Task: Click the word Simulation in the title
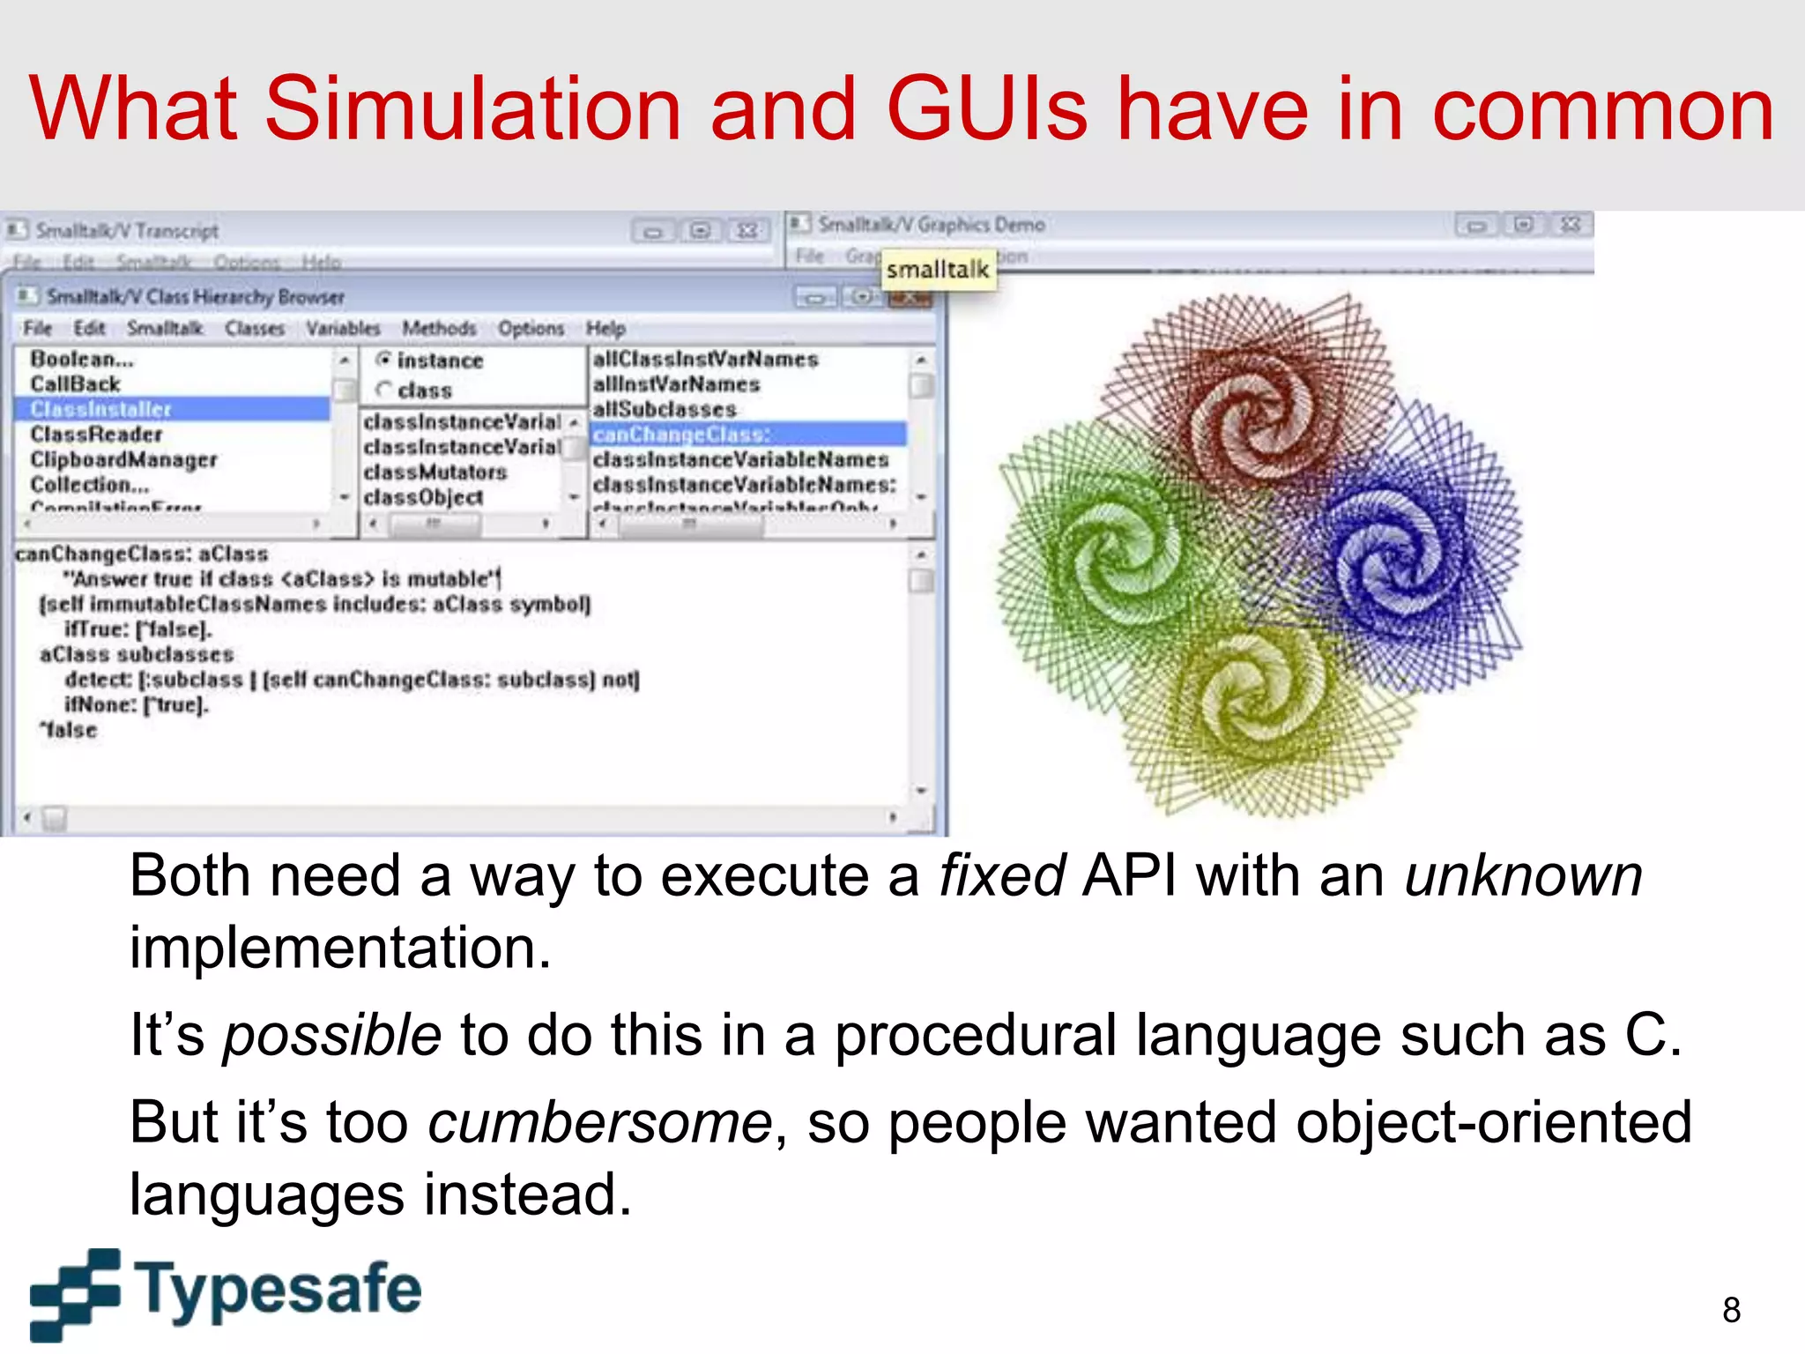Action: (473, 109)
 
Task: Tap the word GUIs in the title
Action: (988, 109)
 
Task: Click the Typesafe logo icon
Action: (75, 1293)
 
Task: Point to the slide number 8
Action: (1731, 1310)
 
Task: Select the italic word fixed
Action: (1002, 877)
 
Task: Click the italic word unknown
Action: (1523, 877)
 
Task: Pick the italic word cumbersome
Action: (600, 1123)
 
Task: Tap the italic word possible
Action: (331, 1035)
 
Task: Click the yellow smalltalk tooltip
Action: (938, 269)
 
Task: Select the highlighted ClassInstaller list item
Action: (101, 409)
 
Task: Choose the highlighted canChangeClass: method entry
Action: (681, 435)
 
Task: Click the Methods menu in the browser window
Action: (439, 329)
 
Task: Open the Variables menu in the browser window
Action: (343, 329)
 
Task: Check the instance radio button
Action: (383, 360)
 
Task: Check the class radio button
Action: (383, 389)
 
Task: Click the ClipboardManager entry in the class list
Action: (123, 459)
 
